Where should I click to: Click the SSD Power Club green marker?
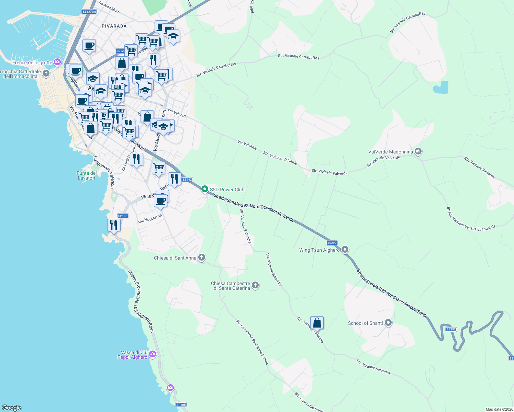[x=205, y=189]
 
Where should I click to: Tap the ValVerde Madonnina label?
[x=390, y=152]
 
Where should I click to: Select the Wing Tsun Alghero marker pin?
[x=345, y=250]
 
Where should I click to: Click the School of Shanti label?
[x=365, y=323]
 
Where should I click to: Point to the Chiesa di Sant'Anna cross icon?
[x=202, y=257]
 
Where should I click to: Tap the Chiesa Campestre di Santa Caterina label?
[x=230, y=286]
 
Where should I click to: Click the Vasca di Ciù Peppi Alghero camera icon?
[x=153, y=354]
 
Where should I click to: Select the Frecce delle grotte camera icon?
[x=57, y=62]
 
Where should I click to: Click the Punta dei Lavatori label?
[x=86, y=175]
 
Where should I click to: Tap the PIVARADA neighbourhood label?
[x=114, y=26]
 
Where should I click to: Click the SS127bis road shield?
[x=89, y=12]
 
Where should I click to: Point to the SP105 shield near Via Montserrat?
[x=123, y=216]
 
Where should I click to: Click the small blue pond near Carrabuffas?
[x=441, y=88]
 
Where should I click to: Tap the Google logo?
[x=12, y=408]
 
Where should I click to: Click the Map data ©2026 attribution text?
[x=499, y=409]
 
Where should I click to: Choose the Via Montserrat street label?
[x=150, y=219]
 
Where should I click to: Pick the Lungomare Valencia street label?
[x=104, y=172]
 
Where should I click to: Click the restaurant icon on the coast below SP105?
[x=114, y=225]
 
